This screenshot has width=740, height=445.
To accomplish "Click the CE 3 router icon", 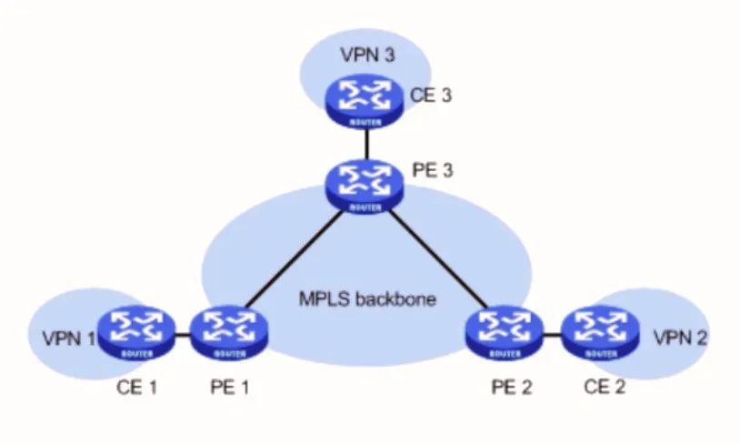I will (x=365, y=101).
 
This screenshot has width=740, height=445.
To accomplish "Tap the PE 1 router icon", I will (x=224, y=332).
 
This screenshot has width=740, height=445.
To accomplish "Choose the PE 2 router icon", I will (x=503, y=332).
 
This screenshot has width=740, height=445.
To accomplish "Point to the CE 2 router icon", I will (x=597, y=332).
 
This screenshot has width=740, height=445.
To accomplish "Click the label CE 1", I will (x=137, y=387).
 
